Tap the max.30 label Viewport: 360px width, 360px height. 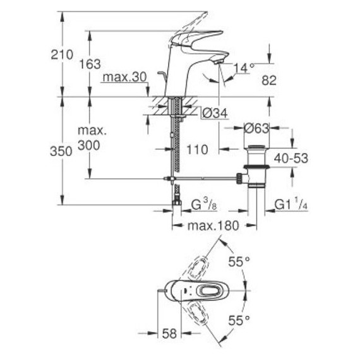tap(124, 78)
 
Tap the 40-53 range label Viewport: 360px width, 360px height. tap(291, 159)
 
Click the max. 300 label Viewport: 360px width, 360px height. tap(93, 139)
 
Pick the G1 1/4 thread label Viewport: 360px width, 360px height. tap(292, 205)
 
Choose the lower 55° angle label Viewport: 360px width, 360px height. tap(238, 320)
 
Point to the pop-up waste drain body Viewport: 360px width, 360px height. tap(258, 167)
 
